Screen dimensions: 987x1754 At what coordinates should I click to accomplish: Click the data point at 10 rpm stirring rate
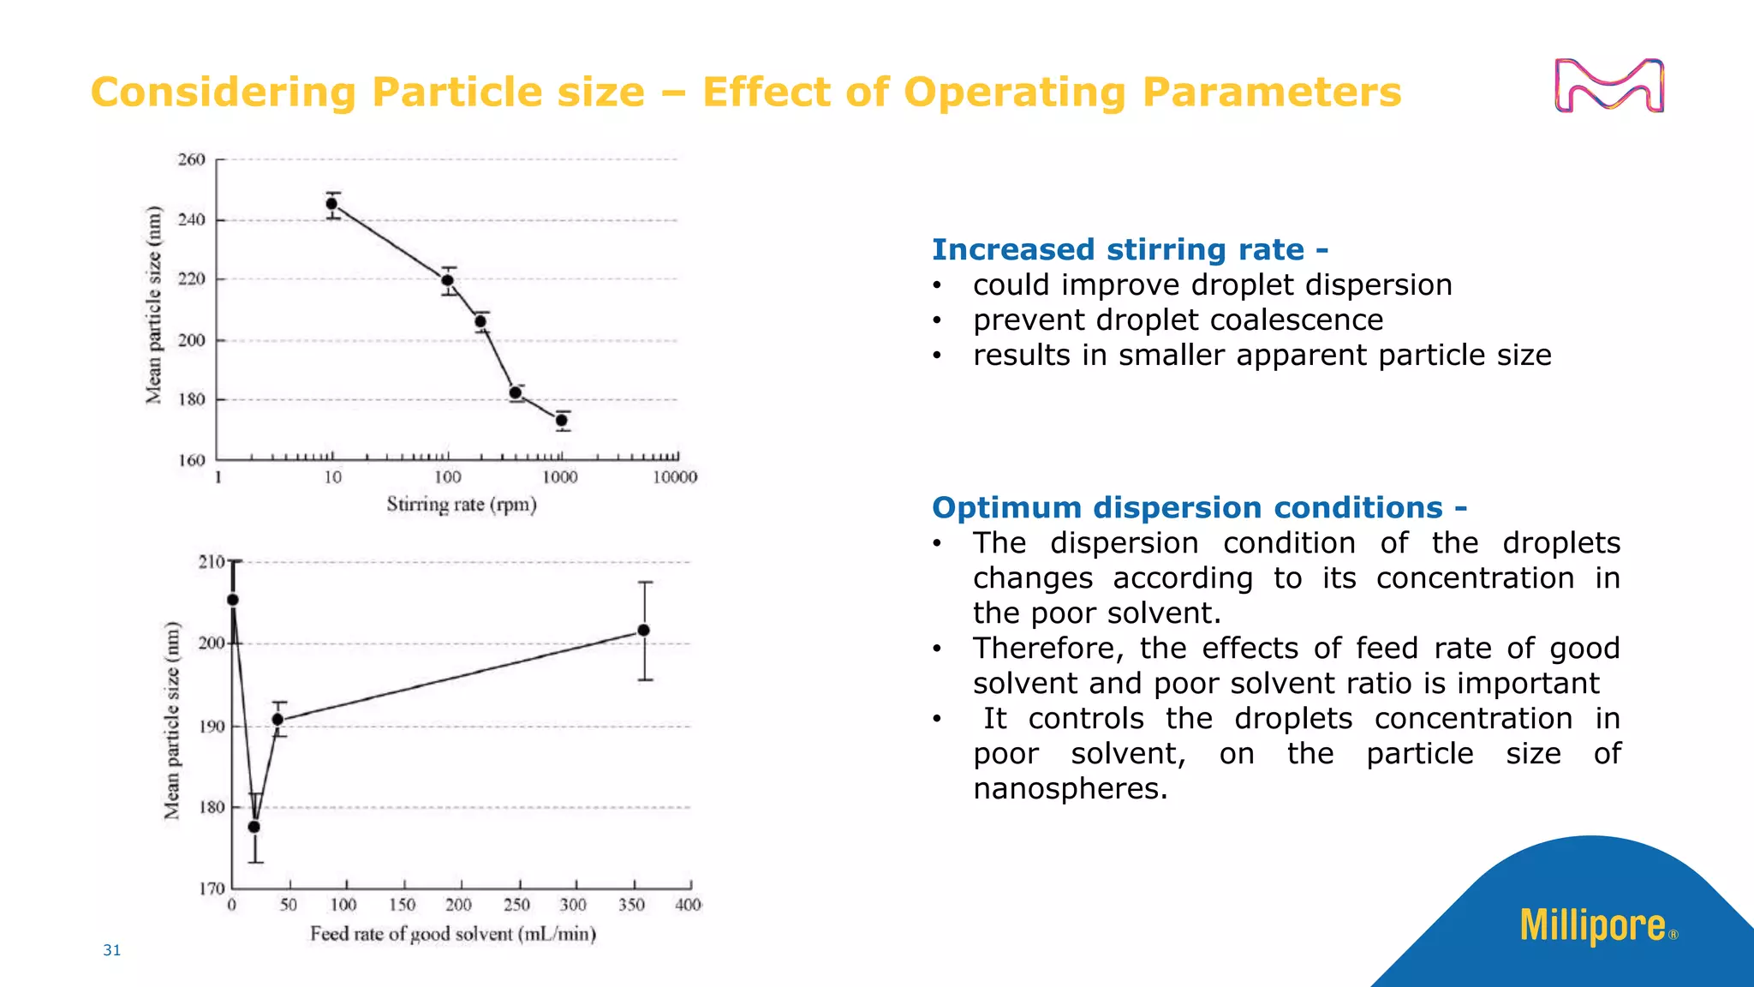coord(331,204)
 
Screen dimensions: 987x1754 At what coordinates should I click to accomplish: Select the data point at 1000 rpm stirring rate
coord(562,420)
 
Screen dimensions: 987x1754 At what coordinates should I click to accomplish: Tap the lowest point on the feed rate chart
coord(254,827)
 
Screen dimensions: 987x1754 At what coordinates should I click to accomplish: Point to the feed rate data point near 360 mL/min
coord(644,631)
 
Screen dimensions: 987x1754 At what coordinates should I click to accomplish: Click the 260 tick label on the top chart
coord(192,159)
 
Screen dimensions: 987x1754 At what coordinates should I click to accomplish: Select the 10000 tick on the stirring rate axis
coord(675,478)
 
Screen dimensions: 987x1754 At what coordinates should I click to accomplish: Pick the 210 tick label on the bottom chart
coord(211,562)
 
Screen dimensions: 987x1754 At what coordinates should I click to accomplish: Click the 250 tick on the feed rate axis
coord(516,905)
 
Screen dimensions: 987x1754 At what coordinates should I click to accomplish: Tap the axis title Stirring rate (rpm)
coord(462,505)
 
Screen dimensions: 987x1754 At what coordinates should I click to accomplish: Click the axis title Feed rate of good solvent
coord(453,934)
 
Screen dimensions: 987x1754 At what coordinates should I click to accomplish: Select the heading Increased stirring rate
coord(1130,249)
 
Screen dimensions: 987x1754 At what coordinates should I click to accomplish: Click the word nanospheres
coord(1070,788)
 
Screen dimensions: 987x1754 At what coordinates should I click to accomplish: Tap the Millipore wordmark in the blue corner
coord(1593,926)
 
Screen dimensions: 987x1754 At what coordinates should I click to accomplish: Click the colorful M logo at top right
coord(1609,86)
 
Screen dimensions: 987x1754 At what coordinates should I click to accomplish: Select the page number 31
coord(112,949)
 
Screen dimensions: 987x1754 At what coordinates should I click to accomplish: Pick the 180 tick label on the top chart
coord(192,399)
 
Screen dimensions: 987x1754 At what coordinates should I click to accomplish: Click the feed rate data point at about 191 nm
coord(277,720)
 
